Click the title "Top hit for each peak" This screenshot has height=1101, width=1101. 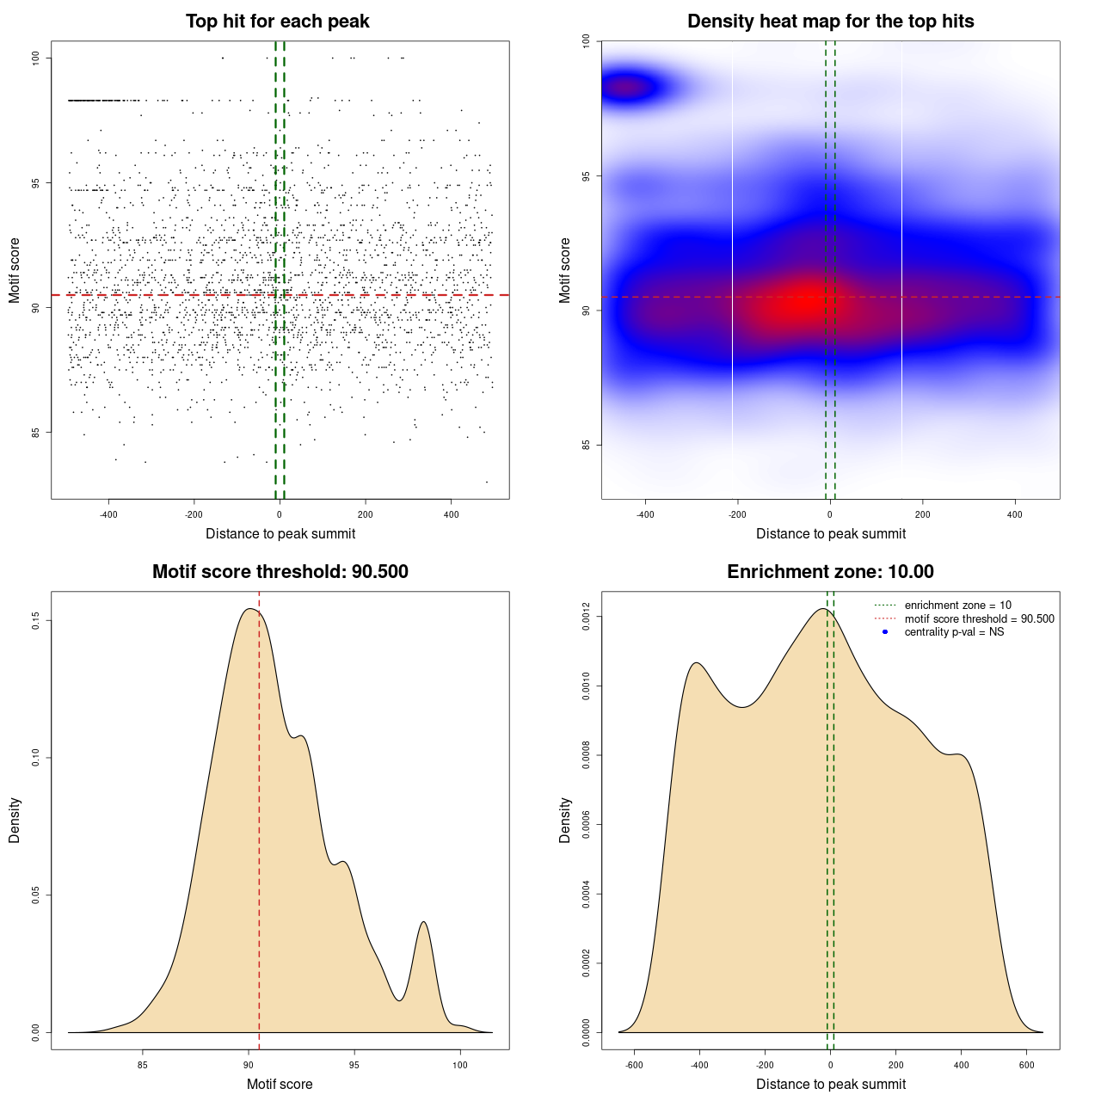pyautogui.click(x=277, y=22)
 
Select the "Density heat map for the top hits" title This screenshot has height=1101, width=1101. pyautogui.click(x=830, y=22)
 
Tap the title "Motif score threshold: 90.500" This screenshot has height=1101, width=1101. pyautogui.click(x=280, y=572)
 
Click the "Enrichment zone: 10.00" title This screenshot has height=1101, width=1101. pyautogui.click(x=830, y=572)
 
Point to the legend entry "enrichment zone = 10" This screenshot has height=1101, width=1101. pyautogui.click(x=957, y=606)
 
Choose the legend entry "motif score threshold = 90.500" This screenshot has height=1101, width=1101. pyautogui.click(x=979, y=619)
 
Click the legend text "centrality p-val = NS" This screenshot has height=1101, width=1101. pyautogui.click(x=954, y=632)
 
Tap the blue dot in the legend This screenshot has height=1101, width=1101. pyautogui.click(x=885, y=632)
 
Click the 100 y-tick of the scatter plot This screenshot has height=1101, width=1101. pyautogui.click(x=36, y=58)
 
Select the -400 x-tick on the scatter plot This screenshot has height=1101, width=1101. pyautogui.click(x=108, y=514)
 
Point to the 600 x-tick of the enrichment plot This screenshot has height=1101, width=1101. pyautogui.click(x=1026, y=1065)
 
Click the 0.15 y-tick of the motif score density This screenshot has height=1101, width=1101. pyautogui.click(x=36, y=620)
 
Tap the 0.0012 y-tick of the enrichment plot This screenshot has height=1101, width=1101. pyautogui.click(x=587, y=617)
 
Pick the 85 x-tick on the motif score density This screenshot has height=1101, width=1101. pyautogui.click(x=143, y=1065)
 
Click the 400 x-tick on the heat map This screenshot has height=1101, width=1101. pyautogui.click(x=1015, y=514)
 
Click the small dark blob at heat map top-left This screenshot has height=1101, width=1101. pyautogui.click(x=629, y=86)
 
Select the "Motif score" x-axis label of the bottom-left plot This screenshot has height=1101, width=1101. pyautogui.click(x=280, y=1084)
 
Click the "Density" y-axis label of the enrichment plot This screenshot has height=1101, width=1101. pyautogui.click(x=565, y=820)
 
